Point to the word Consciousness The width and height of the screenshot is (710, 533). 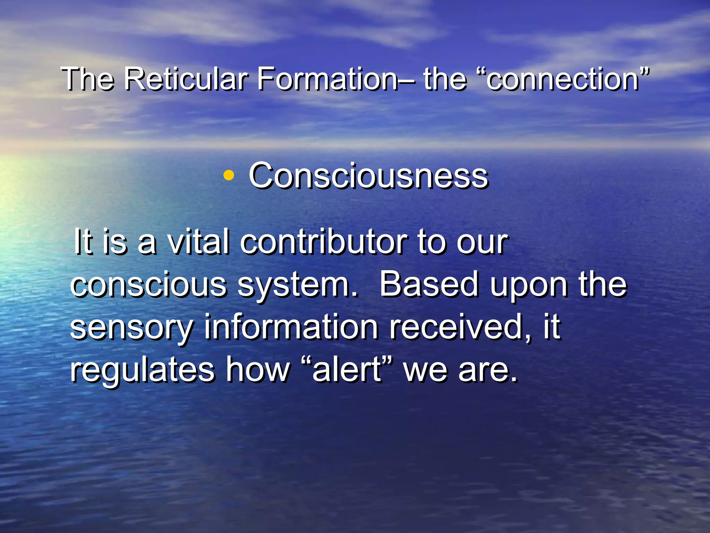pos(368,176)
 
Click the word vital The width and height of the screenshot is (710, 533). pos(198,242)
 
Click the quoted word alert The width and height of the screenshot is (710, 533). pos(347,369)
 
